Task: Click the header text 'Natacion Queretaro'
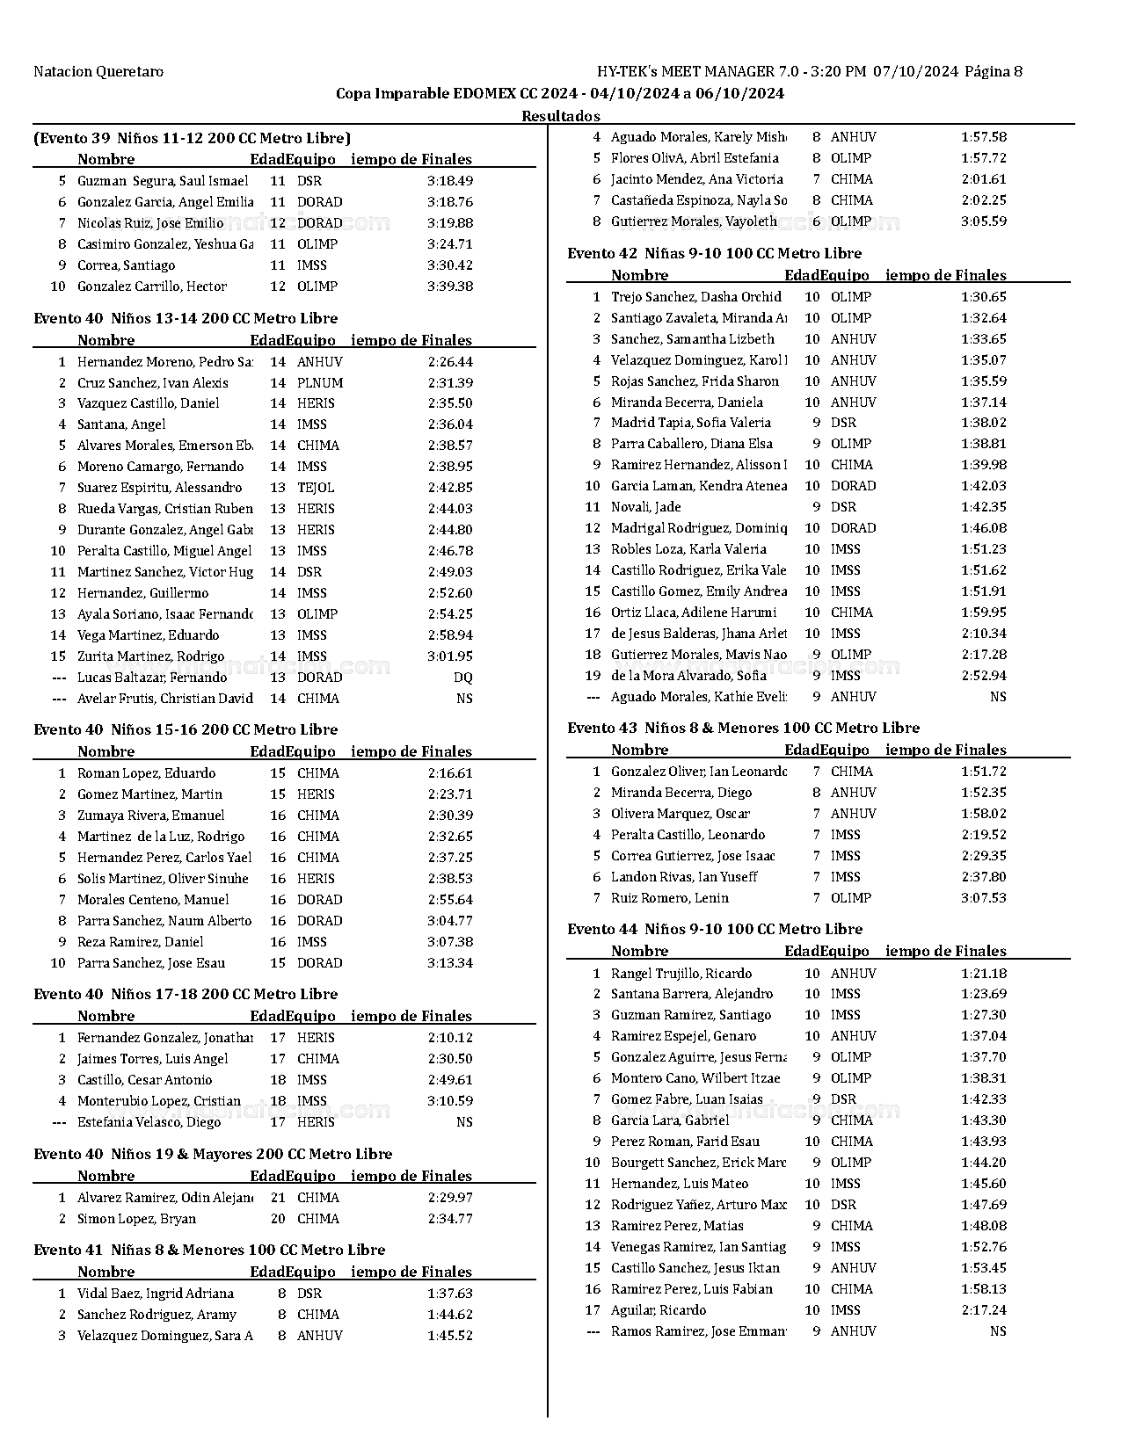98,72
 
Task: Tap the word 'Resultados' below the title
560,116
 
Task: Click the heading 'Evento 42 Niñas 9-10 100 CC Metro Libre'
714,254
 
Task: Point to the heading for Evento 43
743,729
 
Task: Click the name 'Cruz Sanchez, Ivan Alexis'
152,383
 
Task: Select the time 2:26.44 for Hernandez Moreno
450,362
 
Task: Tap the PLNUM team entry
320,383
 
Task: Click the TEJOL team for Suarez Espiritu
316,488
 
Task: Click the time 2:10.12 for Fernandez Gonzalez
450,1038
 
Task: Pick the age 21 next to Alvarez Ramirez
278,1198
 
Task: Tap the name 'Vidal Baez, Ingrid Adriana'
155,1294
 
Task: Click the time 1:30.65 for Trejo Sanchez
984,297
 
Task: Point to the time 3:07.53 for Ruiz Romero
984,898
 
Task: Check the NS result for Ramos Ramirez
997,1331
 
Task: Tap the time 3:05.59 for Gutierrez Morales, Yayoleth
984,221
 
